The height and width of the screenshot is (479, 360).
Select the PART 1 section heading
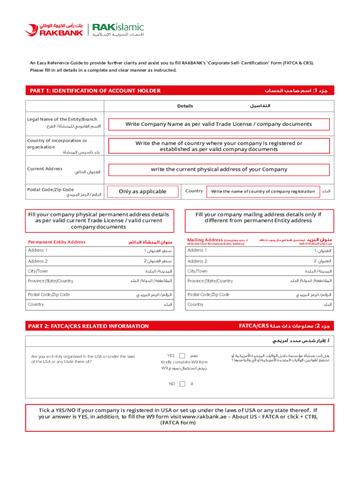point(95,91)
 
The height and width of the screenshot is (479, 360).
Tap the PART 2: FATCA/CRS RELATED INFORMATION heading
point(89,326)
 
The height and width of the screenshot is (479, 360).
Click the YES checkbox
point(182,356)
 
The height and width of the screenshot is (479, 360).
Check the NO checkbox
point(182,384)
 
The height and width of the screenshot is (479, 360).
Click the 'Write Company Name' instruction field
point(218,124)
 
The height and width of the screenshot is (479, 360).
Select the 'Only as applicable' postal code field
point(143,191)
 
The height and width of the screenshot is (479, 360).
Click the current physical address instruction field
point(219,169)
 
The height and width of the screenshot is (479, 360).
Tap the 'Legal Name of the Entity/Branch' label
point(62,119)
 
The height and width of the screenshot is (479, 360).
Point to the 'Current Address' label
point(45,168)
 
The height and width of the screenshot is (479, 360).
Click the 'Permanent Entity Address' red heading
point(57,242)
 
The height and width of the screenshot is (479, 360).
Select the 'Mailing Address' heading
point(205,240)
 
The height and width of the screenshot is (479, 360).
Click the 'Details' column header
point(185,106)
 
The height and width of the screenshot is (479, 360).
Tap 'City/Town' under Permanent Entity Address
point(38,271)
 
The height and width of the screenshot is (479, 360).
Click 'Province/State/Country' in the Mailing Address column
point(210,281)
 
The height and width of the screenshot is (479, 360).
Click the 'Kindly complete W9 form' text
point(184,362)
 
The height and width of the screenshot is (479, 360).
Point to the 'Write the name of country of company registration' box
point(263,191)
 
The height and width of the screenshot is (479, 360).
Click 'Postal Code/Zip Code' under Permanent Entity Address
point(49,295)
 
